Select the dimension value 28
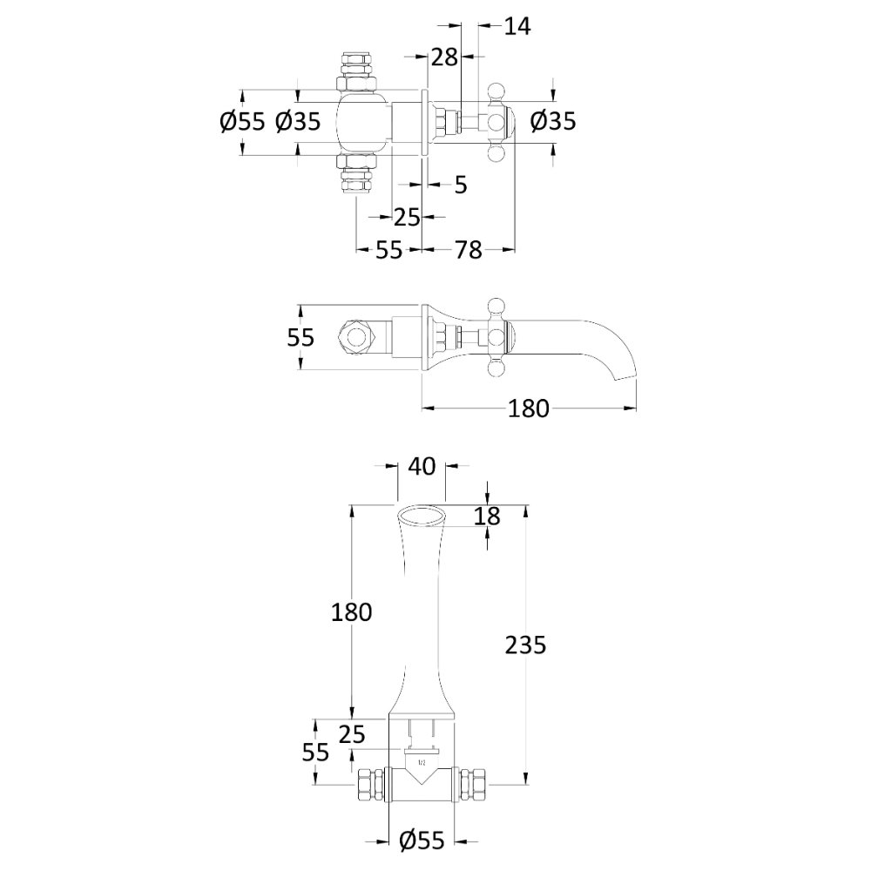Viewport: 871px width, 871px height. [x=444, y=57]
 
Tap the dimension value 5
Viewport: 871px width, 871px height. [x=461, y=185]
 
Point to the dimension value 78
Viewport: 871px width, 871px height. [x=468, y=250]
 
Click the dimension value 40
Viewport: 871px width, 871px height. [x=422, y=467]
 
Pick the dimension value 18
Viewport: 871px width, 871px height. [x=487, y=516]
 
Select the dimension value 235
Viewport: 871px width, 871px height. [x=525, y=645]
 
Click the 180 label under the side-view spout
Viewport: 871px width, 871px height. [x=529, y=408]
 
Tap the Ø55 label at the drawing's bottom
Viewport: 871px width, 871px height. [x=422, y=841]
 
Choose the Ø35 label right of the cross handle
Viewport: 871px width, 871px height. [x=553, y=121]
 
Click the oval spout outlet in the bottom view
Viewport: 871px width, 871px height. [x=422, y=516]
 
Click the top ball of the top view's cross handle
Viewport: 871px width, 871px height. [x=496, y=91]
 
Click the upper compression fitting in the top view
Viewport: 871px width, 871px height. [x=356, y=71]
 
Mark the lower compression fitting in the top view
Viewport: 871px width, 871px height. [x=356, y=175]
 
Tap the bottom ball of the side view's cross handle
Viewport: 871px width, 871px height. [x=496, y=368]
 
